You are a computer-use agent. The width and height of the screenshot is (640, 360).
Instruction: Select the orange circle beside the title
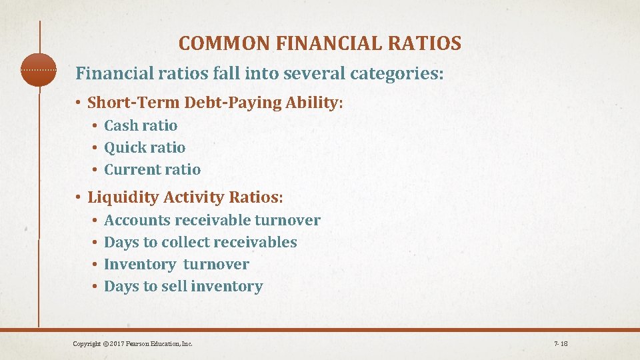click(39, 69)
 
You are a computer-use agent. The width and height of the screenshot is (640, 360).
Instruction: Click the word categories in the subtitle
click(399, 73)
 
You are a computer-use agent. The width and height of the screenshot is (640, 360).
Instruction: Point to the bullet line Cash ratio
click(141, 125)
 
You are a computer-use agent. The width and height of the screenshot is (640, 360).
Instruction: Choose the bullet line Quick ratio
click(145, 147)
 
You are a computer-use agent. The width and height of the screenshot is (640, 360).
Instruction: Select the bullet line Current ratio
click(152, 169)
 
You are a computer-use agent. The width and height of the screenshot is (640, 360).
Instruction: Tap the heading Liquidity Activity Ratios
click(185, 197)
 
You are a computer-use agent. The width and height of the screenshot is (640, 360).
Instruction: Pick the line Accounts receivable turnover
click(212, 220)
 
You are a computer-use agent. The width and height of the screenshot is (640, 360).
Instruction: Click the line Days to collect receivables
click(201, 242)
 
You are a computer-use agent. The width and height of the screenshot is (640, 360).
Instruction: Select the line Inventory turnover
click(176, 264)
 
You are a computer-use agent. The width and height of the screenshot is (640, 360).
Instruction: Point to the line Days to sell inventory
click(183, 286)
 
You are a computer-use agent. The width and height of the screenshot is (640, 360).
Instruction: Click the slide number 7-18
click(561, 344)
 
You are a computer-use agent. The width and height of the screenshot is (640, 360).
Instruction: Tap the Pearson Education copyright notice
click(133, 344)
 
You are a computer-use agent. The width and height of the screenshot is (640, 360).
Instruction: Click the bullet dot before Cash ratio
click(95, 126)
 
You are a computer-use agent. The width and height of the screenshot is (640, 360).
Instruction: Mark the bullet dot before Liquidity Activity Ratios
click(78, 198)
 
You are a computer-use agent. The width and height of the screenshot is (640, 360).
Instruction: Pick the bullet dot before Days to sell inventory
click(95, 287)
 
